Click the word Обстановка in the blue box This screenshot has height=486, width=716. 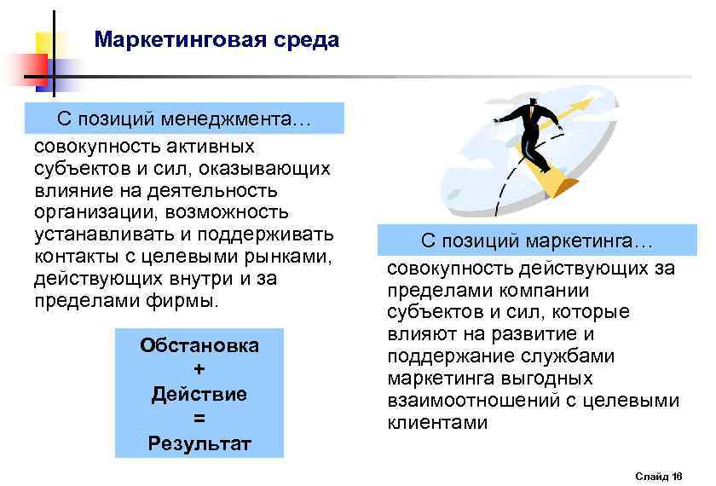pos(199,345)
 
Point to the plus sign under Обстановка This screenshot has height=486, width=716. pos(199,369)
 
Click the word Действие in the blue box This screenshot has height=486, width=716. pos(199,394)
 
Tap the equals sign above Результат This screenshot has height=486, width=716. pos(199,419)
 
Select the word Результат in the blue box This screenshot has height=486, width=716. pos(199,443)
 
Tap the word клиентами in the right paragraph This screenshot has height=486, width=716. pos(437,422)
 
